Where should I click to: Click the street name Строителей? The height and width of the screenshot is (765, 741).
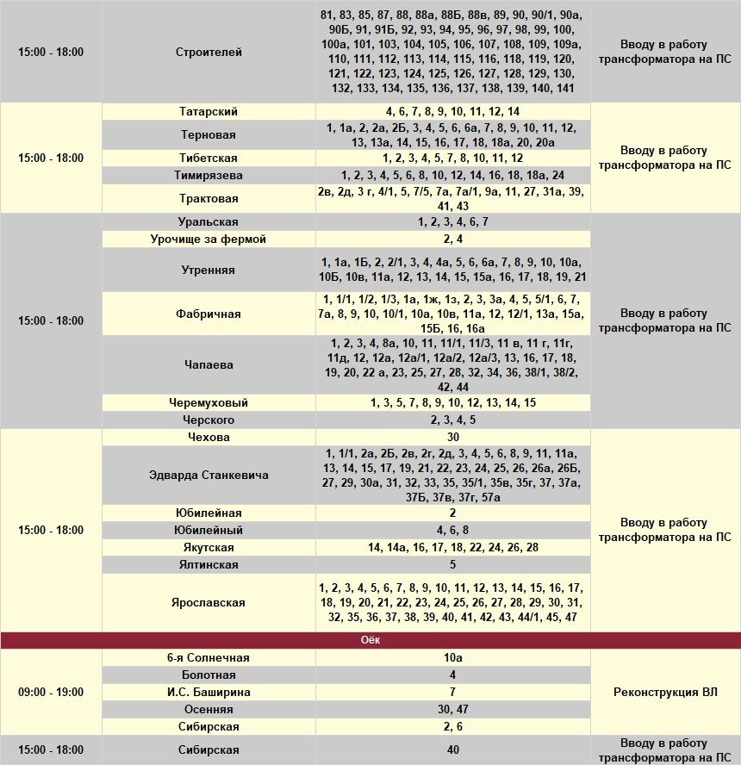click(x=209, y=53)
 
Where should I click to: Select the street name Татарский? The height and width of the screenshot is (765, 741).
click(x=209, y=112)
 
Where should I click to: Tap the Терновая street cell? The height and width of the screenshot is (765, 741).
click(x=209, y=135)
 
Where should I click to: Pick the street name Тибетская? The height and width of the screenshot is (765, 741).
click(x=209, y=159)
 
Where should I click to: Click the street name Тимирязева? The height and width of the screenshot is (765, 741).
click(x=209, y=176)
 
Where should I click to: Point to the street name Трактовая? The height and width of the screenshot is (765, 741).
click(x=209, y=199)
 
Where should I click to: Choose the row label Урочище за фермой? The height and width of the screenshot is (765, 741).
click(x=209, y=239)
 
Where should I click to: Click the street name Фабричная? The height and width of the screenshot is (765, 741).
click(x=209, y=314)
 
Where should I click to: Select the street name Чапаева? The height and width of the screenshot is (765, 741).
click(x=209, y=365)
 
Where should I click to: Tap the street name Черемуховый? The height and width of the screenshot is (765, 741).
click(x=209, y=403)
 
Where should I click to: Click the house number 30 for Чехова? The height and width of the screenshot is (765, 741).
click(x=452, y=438)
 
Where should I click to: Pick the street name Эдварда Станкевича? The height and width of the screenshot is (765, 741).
click(x=209, y=476)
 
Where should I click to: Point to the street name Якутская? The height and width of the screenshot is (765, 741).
click(x=209, y=548)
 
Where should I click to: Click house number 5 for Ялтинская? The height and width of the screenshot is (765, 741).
click(x=452, y=565)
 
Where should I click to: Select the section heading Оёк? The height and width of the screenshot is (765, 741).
click(x=370, y=641)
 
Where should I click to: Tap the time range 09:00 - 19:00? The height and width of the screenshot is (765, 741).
click(x=51, y=693)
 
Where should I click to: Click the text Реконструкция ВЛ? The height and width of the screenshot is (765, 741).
click(x=664, y=693)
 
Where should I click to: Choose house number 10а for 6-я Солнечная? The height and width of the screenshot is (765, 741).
click(x=452, y=658)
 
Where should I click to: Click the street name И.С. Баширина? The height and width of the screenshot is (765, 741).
click(x=209, y=693)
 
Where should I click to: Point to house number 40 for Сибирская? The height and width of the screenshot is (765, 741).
click(x=452, y=750)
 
